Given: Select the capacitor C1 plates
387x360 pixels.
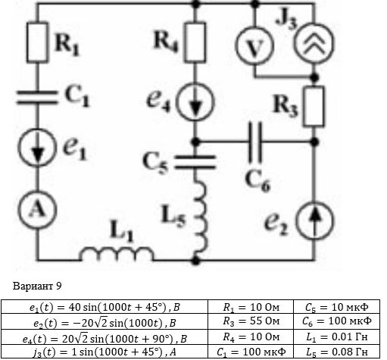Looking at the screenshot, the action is [x=37, y=97].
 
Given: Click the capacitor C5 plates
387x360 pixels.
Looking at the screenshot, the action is [x=195, y=162].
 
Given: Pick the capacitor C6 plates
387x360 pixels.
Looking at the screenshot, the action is [x=255, y=142].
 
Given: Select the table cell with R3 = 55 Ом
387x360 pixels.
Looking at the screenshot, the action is [x=251, y=321].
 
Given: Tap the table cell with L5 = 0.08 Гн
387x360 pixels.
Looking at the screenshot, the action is [x=337, y=352].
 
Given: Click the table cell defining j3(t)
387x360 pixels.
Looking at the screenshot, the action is [x=105, y=352].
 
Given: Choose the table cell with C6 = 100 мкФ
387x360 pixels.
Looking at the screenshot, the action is [x=337, y=321].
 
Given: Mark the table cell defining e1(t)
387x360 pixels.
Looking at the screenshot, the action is [x=105, y=307].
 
